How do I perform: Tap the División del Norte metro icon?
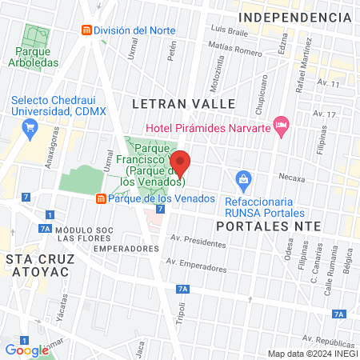(86, 30)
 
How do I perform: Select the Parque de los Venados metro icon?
(101, 198)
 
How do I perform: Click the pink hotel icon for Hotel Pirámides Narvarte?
(280, 124)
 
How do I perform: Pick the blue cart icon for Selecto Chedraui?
(30, 126)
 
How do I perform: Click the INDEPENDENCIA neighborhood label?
(295, 17)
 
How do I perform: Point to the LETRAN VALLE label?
(183, 104)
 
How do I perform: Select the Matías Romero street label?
(235, 53)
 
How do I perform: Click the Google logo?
(26, 350)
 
